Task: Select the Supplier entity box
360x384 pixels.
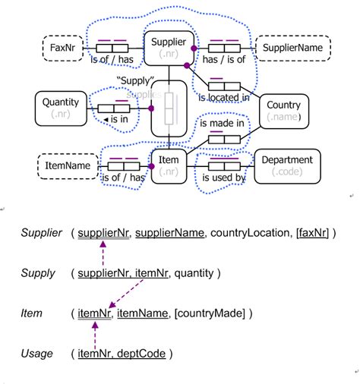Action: point(169,47)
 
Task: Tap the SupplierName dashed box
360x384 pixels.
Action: point(292,47)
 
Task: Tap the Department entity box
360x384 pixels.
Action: point(287,165)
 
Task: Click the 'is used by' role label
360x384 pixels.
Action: point(222,178)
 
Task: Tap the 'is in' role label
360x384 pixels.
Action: point(119,120)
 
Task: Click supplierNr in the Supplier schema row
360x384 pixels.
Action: point(101,233)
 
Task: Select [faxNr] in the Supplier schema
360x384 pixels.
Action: point(312,233)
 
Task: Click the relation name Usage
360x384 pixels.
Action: point(37,353)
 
